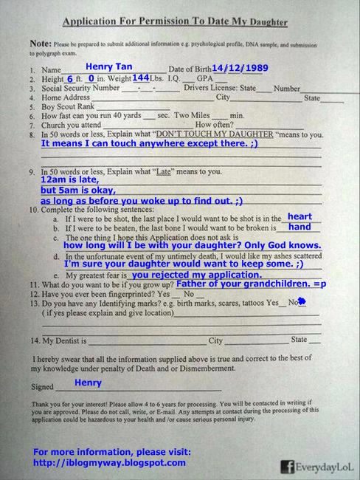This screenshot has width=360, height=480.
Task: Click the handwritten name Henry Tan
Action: pyautogui.click(x=109, y=66)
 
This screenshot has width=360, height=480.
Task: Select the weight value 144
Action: pyautogui.click(x=141, y=78)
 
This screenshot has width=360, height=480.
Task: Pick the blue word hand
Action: pyautogui.click(x=300, y=227)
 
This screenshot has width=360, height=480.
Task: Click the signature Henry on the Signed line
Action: pyautogui.click(x=88, y=383)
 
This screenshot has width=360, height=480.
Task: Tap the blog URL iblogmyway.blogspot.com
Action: pyautogui.click(x=110, y=462)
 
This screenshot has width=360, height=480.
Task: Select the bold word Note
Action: pyautogui.click(x=41, y=45)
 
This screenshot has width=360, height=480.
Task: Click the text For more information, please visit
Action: pyautogui.click(x=112, y=451)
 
